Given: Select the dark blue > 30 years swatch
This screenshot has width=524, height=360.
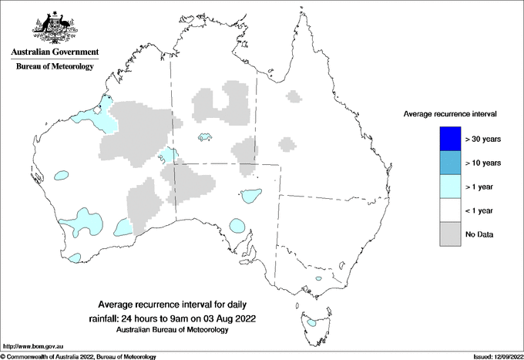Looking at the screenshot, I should pyautogui.click(x=449, y=140).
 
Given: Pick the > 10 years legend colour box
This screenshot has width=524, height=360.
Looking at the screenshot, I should pyautogui.click(x=449, y=163).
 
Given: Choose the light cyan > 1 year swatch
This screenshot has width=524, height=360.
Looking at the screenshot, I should pyautogui.click(x=449, y=186).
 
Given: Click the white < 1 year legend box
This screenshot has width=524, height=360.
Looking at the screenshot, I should pyautogui.click(x=449, y=210).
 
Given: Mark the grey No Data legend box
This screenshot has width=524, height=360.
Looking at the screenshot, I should pyautogui.click(x=449, y=233).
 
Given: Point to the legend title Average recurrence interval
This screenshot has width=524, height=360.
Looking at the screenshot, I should pyautogui.click(x=451, y=113).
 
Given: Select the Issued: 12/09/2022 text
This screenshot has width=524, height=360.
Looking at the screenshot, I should pyautogui.click(x=495, y=356).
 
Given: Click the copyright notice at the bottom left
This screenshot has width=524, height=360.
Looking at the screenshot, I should pyautogui.click(x=78, y=356).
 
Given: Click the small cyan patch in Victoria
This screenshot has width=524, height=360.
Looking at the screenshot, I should pyautogui.click(x=317, y=280).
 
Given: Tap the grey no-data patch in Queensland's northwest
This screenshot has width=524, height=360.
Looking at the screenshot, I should pyautogui.click(x=293, y=96).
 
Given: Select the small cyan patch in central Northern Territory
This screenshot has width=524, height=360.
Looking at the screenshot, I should pyautogui.click(x=205, y=138).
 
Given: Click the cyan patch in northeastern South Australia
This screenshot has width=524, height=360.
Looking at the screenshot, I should pyautogui.click(x=250, y=195).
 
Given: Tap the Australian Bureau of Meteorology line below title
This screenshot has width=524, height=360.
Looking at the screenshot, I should pyautogui.click(x=173, y=329).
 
